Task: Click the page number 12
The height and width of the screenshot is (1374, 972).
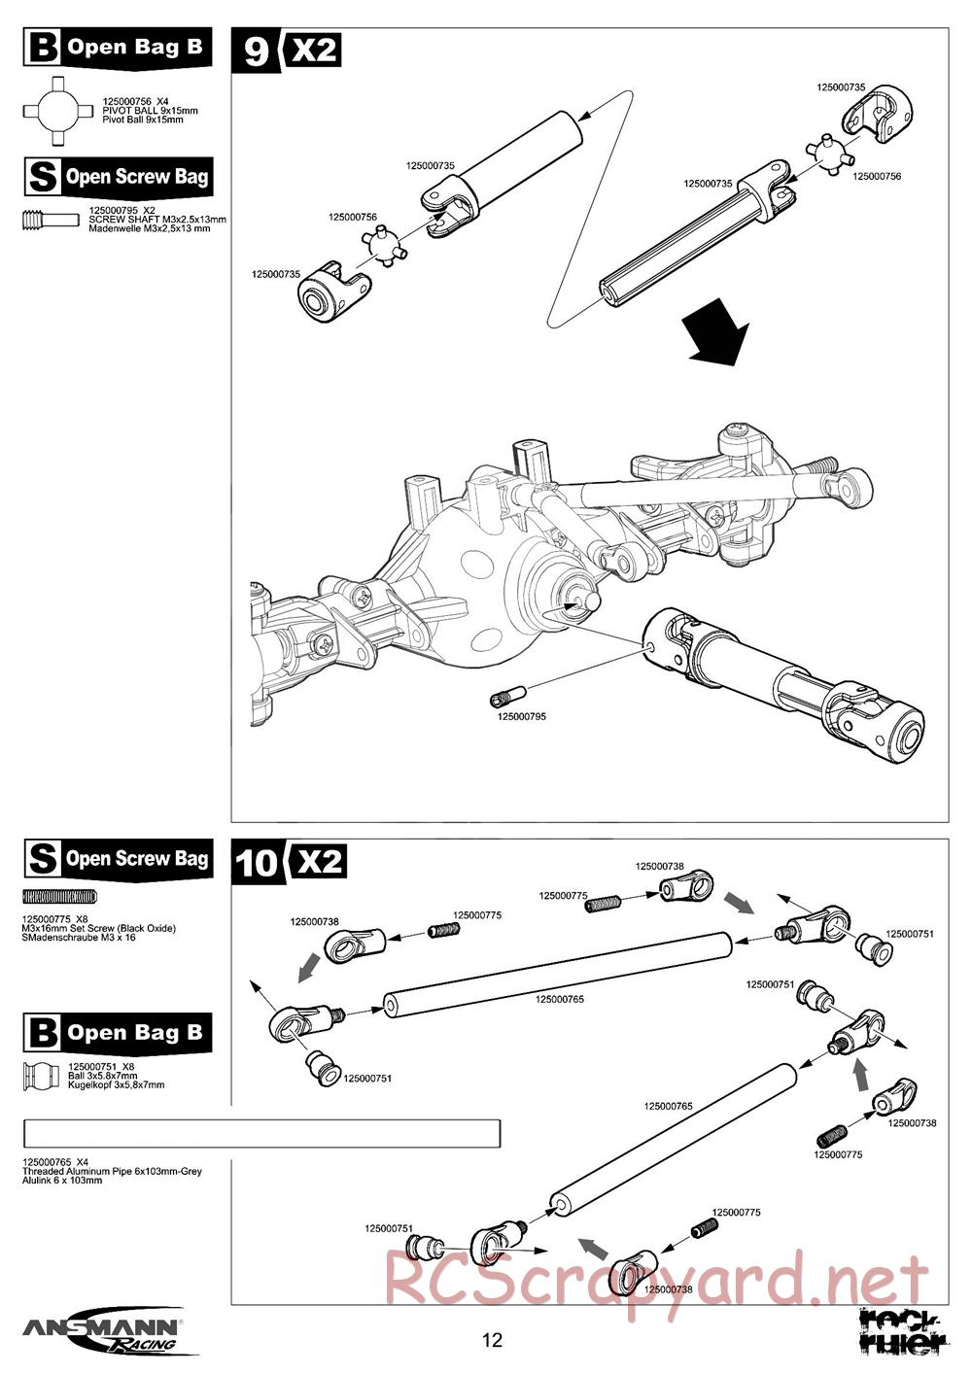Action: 493,1341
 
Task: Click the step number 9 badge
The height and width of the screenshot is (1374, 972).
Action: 256,51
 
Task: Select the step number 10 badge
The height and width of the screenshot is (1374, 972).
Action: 258,862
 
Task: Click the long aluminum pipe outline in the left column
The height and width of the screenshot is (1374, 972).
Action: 262,1134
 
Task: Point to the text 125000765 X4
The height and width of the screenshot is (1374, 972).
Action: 56,1161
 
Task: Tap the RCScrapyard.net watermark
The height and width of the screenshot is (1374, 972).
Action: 657,1279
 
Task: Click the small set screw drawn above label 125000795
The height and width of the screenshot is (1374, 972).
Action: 507,695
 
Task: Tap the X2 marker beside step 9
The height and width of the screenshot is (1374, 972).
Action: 313,50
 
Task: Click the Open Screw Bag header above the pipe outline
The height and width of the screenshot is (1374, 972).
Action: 118,858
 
